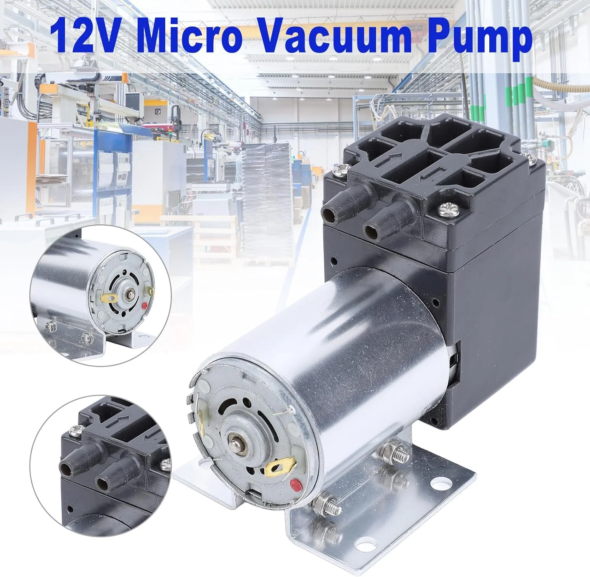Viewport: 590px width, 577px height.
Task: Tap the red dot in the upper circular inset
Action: [145, 305]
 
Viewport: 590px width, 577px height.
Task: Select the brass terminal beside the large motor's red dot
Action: [280, 467]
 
